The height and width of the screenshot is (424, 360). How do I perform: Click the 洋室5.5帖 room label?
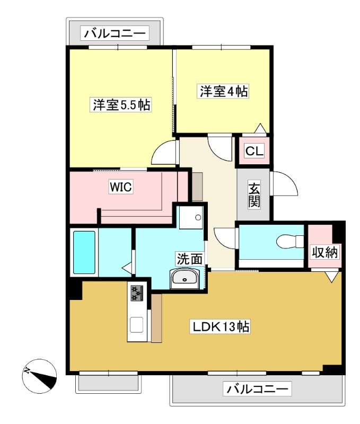(x=121, y=104)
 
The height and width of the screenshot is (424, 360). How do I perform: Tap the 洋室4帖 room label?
(x=223, y=91)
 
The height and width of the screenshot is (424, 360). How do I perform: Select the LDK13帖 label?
(x=221, y=326)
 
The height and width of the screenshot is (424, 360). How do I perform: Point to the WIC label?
(x=121, y=187)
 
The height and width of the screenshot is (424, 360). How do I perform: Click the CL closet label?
(x=254, y=151)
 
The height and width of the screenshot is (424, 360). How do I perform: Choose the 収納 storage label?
(x=324, y=253)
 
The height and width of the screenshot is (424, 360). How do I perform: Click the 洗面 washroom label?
(x=189, y=259)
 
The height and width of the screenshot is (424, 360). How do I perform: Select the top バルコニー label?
(x=115, y=33)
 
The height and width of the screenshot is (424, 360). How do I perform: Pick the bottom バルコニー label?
(x=257, y=389)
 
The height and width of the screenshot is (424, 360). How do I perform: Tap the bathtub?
(x=84, y=253)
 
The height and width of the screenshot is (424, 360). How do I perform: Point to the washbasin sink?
(x=185, y=279)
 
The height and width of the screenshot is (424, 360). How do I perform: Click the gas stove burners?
(x=137, y=293)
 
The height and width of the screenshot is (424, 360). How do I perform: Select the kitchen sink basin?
(x=137, y=325)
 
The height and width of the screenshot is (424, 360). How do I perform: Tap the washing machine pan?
(x=191, y=217)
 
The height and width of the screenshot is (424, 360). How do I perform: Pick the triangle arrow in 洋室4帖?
(x=261, y=128)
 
